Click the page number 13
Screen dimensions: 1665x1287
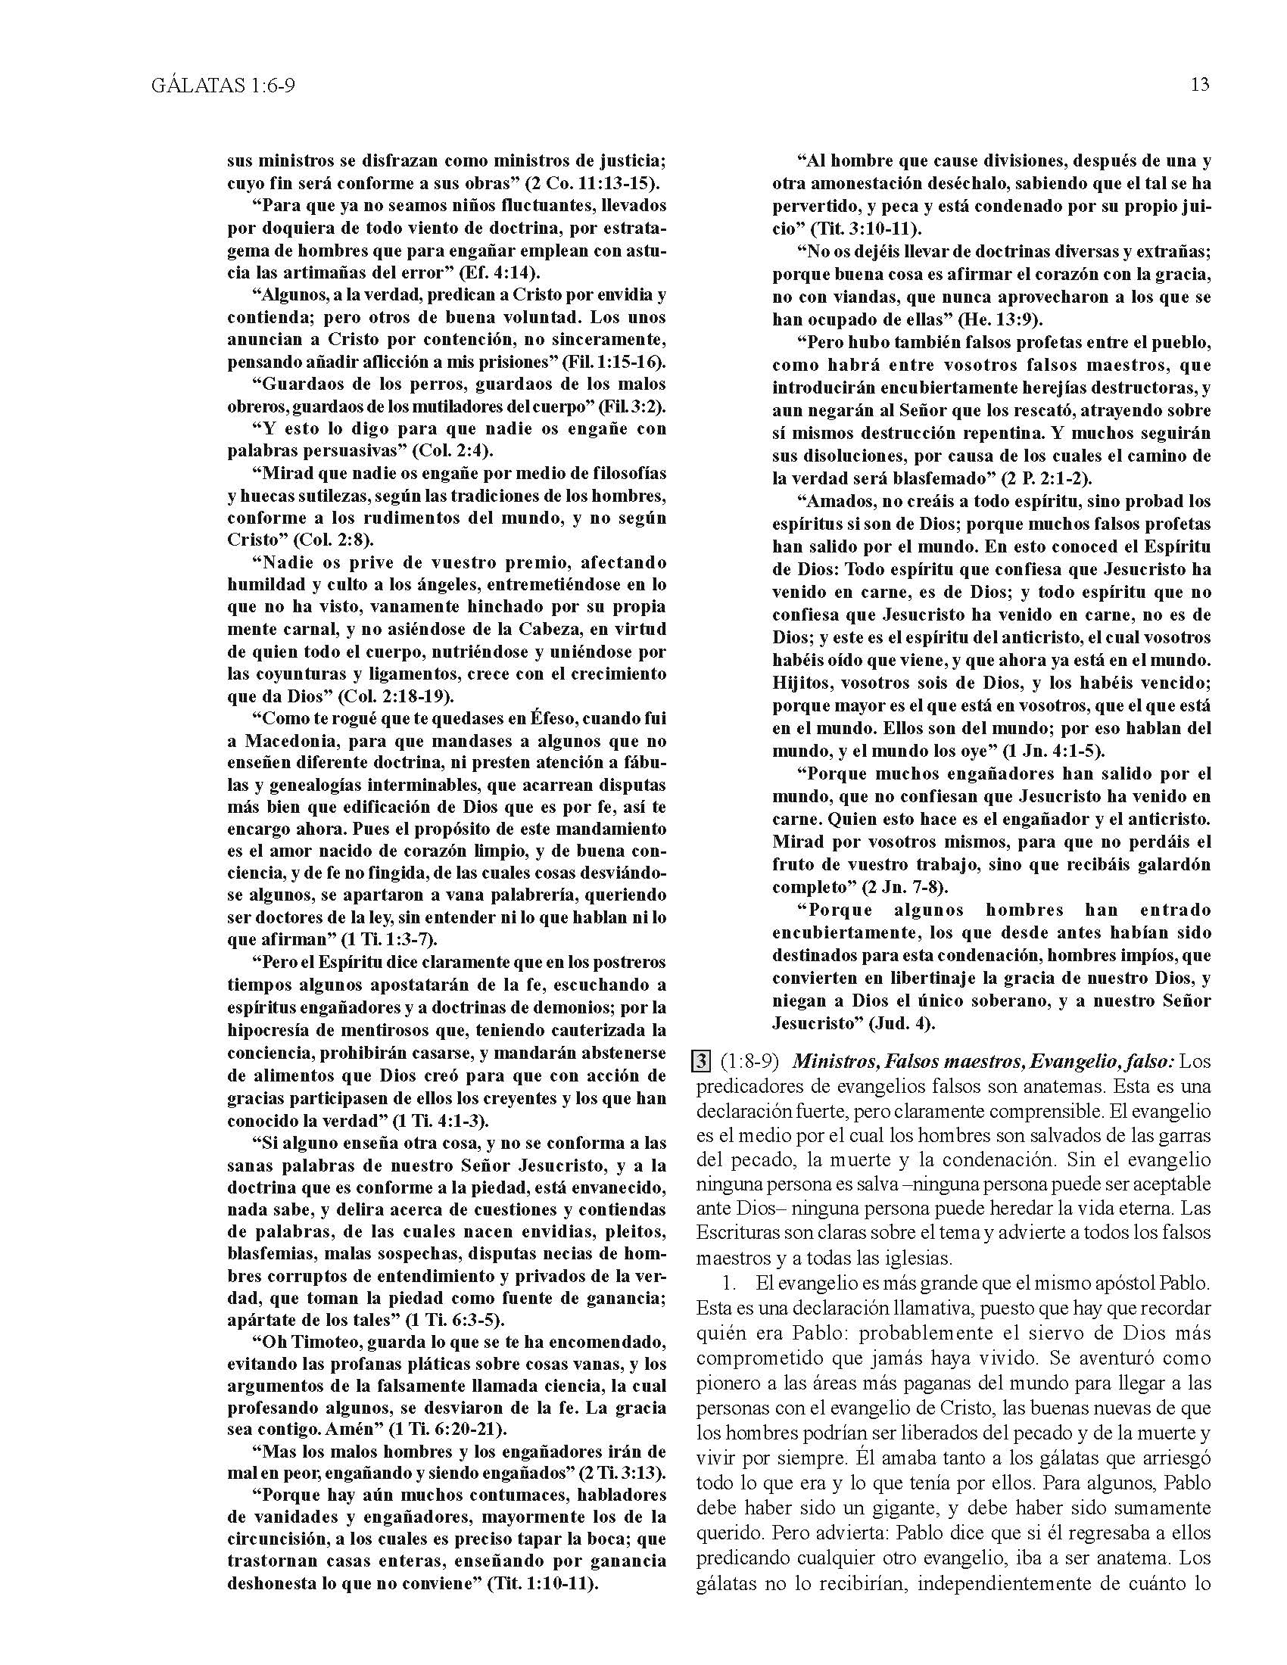(1199, 85)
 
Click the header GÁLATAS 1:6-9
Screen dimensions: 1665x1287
(223, 86)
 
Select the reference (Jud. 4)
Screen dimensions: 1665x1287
(902, 1023)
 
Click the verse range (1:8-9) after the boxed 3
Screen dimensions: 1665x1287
(752, 1062)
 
